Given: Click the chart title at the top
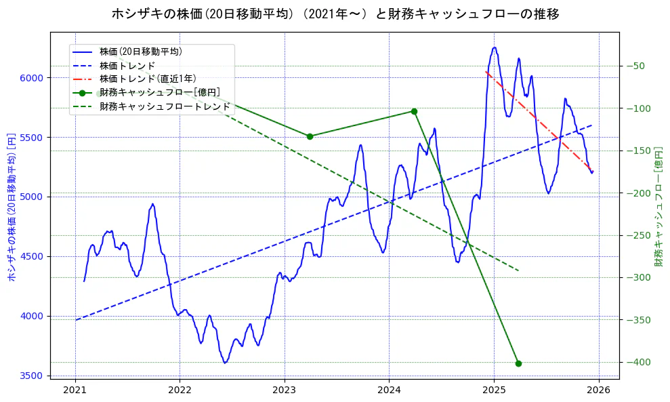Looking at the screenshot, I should click(x=335, y=14).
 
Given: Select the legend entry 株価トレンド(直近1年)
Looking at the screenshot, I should click(x=148, y=79).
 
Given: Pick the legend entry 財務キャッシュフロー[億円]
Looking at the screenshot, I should click(x=159, y=92).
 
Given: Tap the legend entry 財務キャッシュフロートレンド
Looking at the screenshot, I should click(x=165, y=106).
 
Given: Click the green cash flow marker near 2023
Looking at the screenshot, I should click(x=310, y=136).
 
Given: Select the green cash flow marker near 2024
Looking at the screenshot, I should click(x=414, y=111).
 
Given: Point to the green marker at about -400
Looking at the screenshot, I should click(x=518, y=363).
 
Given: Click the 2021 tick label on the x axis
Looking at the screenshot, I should click(x=75, y=390).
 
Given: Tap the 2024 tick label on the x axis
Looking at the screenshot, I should click(x=389, y=390).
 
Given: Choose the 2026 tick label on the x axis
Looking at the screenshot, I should click(x=598, y=390).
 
